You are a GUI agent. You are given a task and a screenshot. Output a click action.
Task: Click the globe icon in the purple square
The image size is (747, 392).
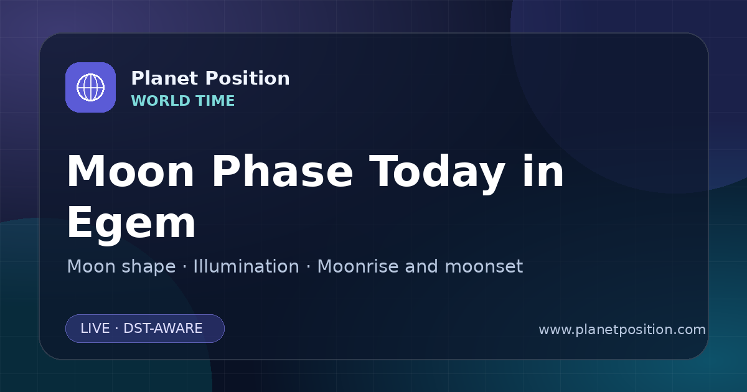coord(91,87)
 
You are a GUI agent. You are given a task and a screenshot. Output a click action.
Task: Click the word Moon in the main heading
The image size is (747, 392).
coord(130,171)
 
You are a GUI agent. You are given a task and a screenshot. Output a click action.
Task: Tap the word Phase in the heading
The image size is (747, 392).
coord(282,171)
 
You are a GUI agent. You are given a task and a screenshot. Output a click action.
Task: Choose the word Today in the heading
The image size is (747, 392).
coord(437,174)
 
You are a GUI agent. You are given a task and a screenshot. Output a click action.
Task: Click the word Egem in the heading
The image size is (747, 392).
coord(131,223)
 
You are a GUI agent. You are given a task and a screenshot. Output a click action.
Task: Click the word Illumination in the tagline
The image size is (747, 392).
coord(246,266)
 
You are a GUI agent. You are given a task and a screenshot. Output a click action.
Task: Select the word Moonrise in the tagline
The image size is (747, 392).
coord(358,266)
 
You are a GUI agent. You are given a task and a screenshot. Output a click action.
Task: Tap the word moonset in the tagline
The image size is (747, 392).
coord(484,266)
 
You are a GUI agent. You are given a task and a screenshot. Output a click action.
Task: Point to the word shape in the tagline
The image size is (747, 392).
coord(148,268)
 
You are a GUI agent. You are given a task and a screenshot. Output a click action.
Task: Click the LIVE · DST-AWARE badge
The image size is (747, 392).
coord(145,329)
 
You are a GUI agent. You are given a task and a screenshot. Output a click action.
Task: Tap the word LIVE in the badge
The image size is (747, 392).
coord(95,329)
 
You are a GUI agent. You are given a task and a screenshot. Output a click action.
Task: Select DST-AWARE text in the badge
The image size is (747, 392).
coord(163,329)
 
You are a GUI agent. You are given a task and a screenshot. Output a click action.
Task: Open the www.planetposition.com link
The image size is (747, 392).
coord(622,330)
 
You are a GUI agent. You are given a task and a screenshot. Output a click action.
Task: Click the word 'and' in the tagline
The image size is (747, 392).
coord(421,266)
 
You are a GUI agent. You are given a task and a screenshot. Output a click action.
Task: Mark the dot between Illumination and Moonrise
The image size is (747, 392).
coord(309,267)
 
